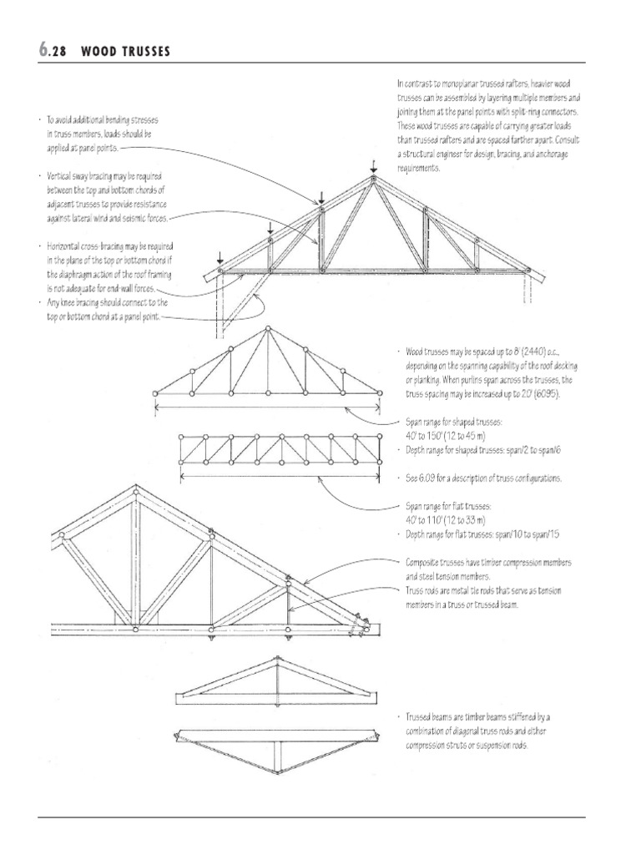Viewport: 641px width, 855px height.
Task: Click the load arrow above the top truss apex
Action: point(373,165)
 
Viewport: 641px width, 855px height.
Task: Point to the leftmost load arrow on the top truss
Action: point(220,257)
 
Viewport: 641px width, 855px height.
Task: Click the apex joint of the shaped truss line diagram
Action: point(267,329)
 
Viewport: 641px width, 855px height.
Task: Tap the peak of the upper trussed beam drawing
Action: point(276,660)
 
